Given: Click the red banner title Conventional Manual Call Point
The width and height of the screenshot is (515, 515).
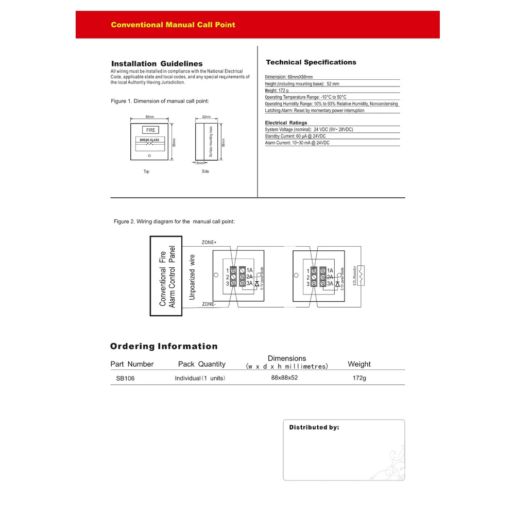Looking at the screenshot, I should pyautogui.click(x=173, y=25).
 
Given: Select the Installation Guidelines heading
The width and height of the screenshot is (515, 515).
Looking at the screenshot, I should pyautogui.click(x=157, y=64).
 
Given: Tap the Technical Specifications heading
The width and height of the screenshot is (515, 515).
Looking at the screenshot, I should pyautogui.click(x=311, y=62).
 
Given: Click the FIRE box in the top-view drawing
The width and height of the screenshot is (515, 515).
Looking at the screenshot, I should pyautogui.click(x=150, y=130).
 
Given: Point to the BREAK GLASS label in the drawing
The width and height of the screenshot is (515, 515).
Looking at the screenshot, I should pyautogui.click(x=150, y=140).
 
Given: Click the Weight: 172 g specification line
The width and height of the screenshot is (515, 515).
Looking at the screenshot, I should pyautogui.click(x=277, y=90).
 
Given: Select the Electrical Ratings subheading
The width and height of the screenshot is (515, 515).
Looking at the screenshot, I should pyautogui.click(x=286, y=123).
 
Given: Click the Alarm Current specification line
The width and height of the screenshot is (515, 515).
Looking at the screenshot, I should pyautogui.click(x=297, y=143).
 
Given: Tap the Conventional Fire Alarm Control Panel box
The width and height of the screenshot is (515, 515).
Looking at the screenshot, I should pyautogui.click(x=166, y=276).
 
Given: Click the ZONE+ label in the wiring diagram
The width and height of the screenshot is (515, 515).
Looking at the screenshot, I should pyautogui.click(x=209, y=242).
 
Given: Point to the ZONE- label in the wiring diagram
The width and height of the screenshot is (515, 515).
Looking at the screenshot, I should pyautogui.click(x=209, y=304).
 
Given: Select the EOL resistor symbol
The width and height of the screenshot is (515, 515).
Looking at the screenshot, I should pyautogui.click(x=362, y=276).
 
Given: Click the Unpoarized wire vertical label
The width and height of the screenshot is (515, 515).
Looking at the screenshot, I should pyautogui.click(x=192, y=277).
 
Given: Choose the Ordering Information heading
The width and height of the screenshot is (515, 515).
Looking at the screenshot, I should pyautogui.click(x=164, y=346).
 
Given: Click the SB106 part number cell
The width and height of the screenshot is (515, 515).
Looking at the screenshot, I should pyautogui.click(x=126, y=378).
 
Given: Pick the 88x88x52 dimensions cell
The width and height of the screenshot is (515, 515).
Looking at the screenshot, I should pyautogui.click(x=284, y=377).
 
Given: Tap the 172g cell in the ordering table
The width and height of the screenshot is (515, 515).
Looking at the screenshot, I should pyautogui.click(x=359, y=378).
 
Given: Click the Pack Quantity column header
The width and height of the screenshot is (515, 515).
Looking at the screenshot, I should pyautogui.click(x=201, y=364).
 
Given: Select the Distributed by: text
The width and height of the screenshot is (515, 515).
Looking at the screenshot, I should pyautogui.click(x=314, y=427).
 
